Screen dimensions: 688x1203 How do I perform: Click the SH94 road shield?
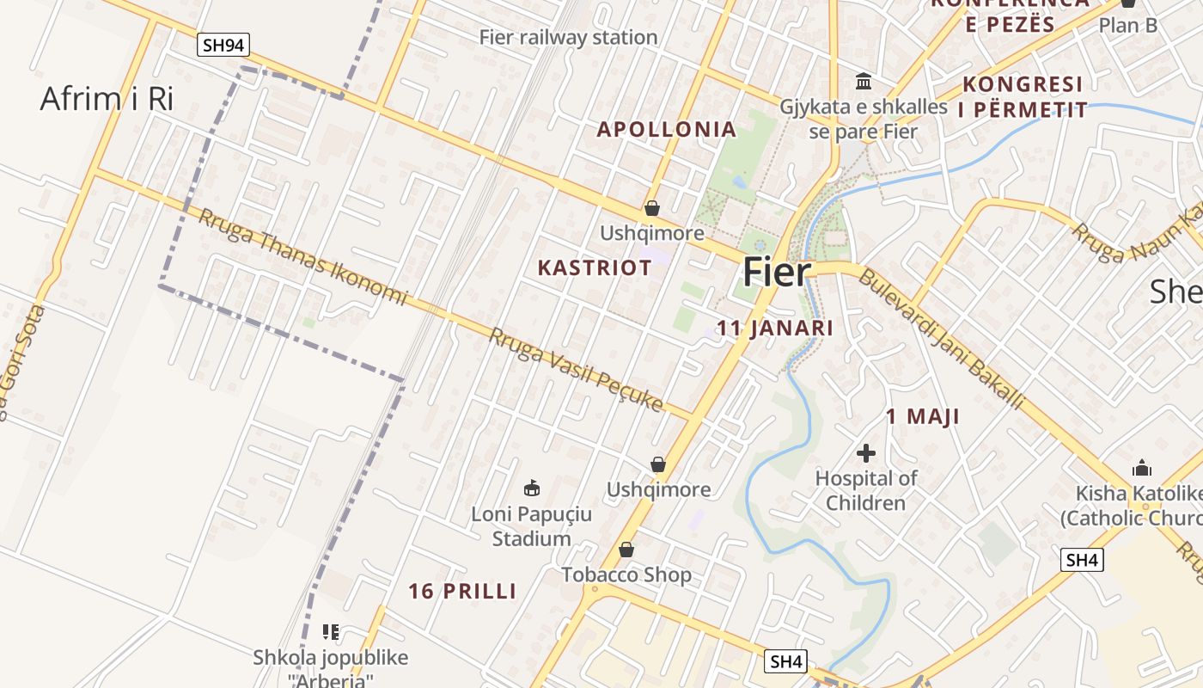[223, 46]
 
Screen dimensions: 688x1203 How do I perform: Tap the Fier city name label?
[777, 272]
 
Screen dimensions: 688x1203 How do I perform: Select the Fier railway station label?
[568, 37]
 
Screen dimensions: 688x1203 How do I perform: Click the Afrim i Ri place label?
[107, 99]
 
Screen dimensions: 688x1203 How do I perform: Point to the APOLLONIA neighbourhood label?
[667, 130]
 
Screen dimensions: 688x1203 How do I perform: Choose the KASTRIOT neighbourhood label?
[595, 267]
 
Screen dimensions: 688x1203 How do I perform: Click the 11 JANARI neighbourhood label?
[775, 329]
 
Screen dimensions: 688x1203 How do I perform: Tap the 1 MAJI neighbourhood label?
[923, 417]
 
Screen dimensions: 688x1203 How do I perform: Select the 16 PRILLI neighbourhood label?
[462, 592]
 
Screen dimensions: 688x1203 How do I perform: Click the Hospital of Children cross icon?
[866, 452]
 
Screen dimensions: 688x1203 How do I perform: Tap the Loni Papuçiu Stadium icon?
[532, 488]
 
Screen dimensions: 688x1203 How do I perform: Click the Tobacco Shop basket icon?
[626, 550]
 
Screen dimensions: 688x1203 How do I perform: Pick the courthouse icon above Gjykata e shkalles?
[864, 82]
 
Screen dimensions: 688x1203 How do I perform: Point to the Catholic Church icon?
[1142, 468]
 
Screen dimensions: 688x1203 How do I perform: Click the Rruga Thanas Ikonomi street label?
[302, 256]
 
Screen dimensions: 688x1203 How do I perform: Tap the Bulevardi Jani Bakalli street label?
[941, 339]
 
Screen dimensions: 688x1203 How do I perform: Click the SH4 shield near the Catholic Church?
[1081, 560]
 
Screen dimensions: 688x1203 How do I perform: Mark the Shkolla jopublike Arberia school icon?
[331, 632]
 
